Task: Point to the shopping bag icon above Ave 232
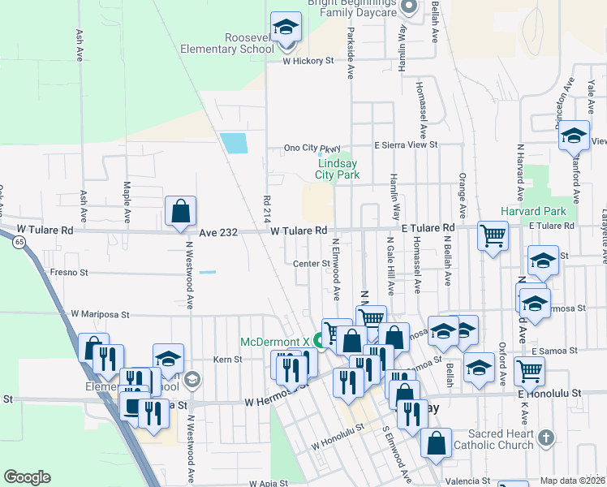click(180, 212)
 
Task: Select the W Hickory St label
click(308, 61)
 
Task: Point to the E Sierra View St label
click(405, 144)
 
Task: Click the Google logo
click(27, 477)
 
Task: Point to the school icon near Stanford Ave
click(574, 136)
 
